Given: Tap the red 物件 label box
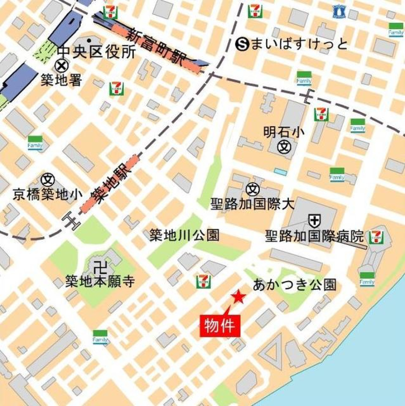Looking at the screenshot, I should click(x=219, y=326).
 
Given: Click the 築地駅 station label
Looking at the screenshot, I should click(x=109, y=185).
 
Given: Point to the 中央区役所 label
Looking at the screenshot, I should click(x=96, y=52).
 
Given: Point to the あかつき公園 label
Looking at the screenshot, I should click(x=294, y=285).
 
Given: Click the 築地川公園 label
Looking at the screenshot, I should click(x=184, y=235).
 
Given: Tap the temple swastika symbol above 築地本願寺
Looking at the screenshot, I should click(x=100, y=267).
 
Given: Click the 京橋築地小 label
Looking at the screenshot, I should click(x=47, y=194).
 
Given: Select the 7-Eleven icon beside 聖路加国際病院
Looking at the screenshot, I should click(x=376, y=238).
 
